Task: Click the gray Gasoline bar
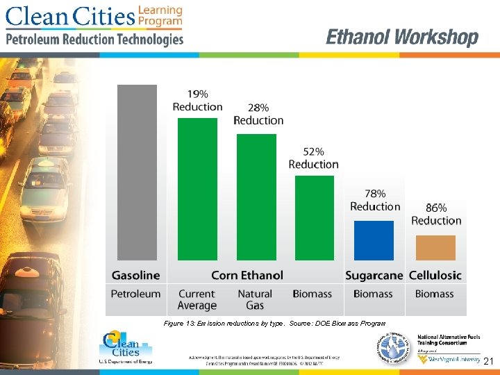[137, 172]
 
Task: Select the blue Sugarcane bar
[374, 240]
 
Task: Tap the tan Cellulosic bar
[435, 248]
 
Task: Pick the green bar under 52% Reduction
[315, 217]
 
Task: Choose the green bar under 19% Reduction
[197, 189]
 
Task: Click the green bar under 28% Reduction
[257, 197]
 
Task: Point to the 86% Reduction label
[436, 214]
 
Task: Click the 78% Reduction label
[375, 200]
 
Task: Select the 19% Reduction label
[197, 100]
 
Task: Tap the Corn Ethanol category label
[247, 275]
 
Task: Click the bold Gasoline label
[136, 275]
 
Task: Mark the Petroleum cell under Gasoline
[136, 294]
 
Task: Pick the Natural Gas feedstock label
[255, 299]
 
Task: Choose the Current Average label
[197, 299]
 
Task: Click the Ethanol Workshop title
[402, 37]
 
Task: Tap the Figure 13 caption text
[274, 324]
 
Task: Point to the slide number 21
[488, 361]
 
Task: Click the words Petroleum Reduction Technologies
[95, 40]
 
